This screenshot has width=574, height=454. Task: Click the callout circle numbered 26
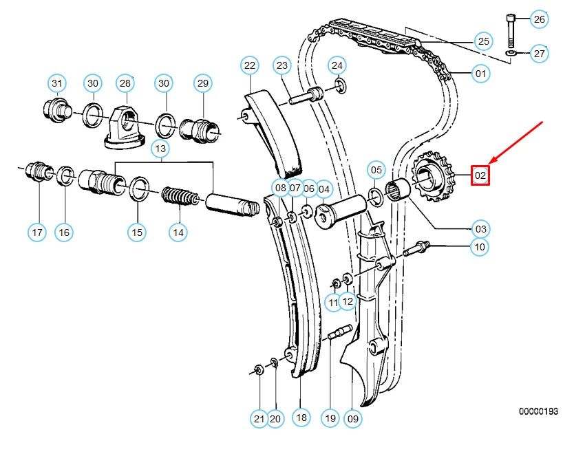click(540, 19)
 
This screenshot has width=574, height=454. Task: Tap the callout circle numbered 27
click(540, 53)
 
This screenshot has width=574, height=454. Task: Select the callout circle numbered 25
click(484, 41)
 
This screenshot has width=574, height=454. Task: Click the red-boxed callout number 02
click(480, 176)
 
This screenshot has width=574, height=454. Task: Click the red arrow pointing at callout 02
click(518, 146)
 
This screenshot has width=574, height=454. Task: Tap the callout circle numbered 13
click(160, 149)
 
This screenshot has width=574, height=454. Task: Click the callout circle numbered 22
click(249, 66)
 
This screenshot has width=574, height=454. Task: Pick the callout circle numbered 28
click(125, 83)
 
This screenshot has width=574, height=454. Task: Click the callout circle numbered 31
click(56, 83)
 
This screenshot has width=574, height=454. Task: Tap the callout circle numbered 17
click(38, 233)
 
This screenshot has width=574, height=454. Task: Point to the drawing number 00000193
click(538, 411)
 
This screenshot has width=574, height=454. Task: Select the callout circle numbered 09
click(352, 417)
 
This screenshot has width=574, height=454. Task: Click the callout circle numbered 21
click(258, 417)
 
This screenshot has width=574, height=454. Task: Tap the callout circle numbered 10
click(480, 246)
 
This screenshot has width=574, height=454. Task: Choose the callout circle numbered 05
click(376, 169)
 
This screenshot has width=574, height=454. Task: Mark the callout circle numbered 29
click(202, 83)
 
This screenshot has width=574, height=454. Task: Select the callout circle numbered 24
click(337, 66)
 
